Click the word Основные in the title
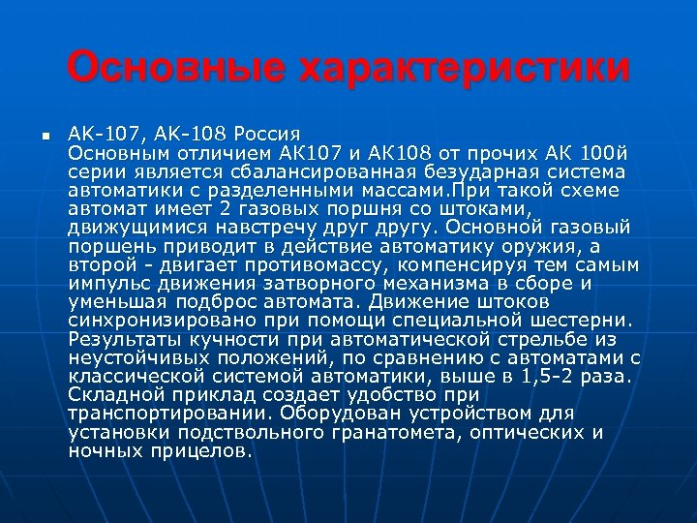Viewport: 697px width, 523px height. [x=175, y=69]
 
